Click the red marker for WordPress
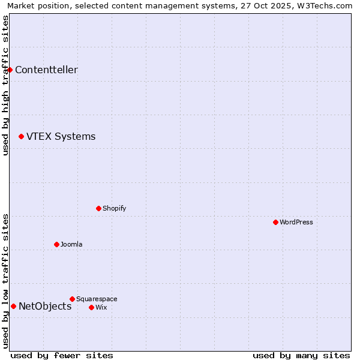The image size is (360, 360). [x=275, y=222]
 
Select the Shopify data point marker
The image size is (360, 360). [x=98, y=208]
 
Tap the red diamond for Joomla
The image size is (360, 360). [x=56, y=244]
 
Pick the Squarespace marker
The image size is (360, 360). [x=72, y=299]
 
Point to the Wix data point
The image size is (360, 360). [x=91, y=307]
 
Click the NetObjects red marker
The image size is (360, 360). [x=13, y=306]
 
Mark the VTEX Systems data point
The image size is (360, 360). [x=21, y=136]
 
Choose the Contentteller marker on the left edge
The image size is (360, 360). [x=10, y=70]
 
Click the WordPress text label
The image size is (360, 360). [x=296, y=222]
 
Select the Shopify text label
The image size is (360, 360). [x=114, y=208]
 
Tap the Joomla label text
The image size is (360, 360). [x=71, y=244]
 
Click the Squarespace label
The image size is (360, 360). [x=97, y=299]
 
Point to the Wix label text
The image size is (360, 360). [x=101, y=307]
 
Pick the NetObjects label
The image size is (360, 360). [x=45, y=306]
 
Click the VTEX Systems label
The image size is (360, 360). [x=61, y=136]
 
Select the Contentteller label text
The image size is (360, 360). [x=46, y=70]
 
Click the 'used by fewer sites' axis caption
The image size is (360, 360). [x=62, y=355]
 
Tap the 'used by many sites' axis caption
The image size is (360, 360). [x=301, y=355]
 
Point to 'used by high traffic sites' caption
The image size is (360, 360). [x=5, y=85]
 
